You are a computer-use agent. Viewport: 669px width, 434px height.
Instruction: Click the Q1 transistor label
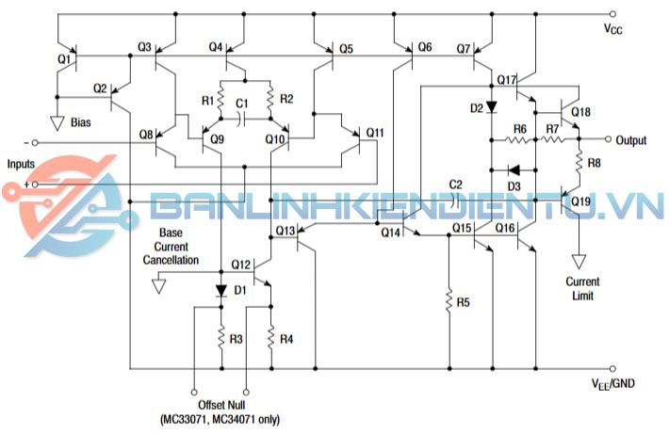(x=64, y=58)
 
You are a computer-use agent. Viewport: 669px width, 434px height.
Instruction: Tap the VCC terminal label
(x=612, y=29)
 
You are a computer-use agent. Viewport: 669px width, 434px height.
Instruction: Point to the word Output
(x=631, y=141)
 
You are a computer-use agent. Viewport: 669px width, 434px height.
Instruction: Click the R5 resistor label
(x=463, y=303)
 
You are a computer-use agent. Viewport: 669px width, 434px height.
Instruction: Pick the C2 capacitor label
(x=456, y=183)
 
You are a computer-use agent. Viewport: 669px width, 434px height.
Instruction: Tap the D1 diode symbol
(x=220, y=289)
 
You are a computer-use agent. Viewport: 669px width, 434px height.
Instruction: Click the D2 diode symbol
(x=491, y=108)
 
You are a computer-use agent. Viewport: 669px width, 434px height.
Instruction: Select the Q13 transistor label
(x=286, y=230)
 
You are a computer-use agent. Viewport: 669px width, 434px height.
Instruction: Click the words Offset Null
(x=220, y=405)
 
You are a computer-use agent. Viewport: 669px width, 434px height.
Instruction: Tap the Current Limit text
(x=582, y=289)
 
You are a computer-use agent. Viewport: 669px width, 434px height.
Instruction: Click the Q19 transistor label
(x=581, y=201)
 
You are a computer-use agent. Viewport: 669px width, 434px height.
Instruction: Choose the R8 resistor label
(x=594, y=163)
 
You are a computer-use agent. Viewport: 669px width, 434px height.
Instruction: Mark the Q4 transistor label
(x=216, y=47)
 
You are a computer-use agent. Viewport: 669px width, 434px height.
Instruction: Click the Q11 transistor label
(x=375, y=132)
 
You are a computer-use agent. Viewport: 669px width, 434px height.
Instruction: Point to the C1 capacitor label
(x=241, y=102)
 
